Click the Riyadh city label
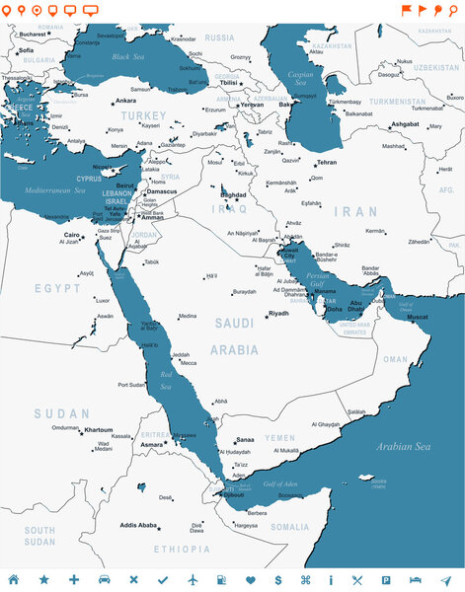[x=279, y=313]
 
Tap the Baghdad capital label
[x=233, y=195]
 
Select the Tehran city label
[x=327, y=162]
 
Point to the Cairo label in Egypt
[x=72, y=235]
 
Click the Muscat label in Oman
[x=418, y=317]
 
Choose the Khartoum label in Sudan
[x=99, y=430]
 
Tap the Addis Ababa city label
[x=138, y=525]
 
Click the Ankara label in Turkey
[x=126, y=101]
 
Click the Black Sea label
[x=128, y=57]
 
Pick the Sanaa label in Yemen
[x=246, y=440]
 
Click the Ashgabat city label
[x=405, y=124]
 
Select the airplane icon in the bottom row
[x=193, y=579]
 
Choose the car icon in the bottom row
[x=104, y=579]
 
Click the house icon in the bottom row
[x=14, y=579]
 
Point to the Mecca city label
[x=188, y=363]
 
